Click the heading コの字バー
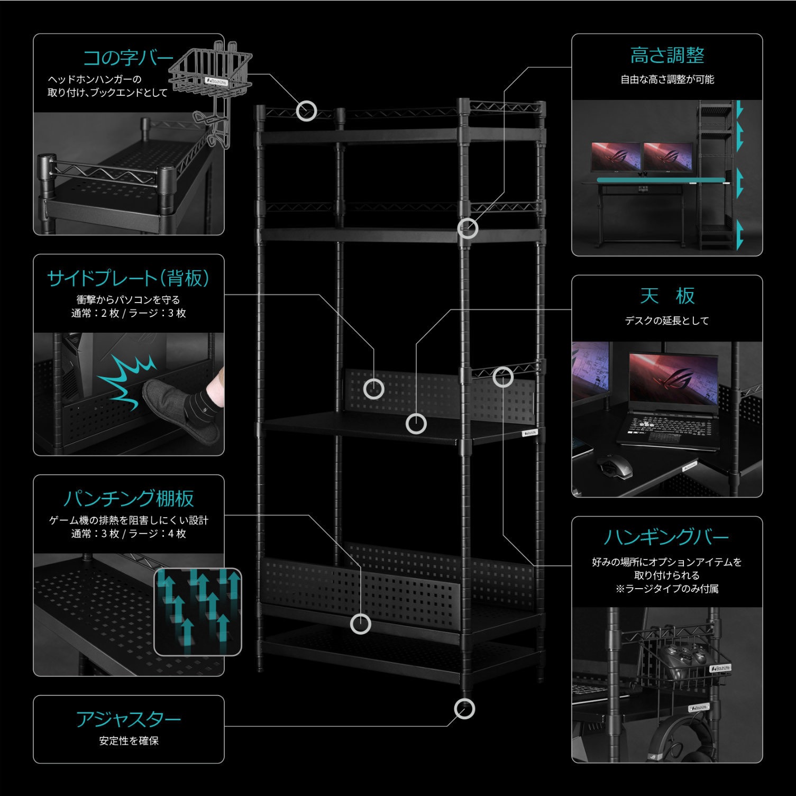128,58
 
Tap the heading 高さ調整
667,56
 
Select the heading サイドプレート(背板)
129,278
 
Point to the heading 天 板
667,296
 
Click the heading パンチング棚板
129,498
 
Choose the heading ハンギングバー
666,537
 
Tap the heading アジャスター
129,719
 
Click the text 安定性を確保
129,741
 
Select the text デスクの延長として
666,321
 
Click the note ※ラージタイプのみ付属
666,589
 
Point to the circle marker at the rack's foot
464,709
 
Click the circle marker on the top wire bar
306,111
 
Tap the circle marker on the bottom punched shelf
361,624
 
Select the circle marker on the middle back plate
374,389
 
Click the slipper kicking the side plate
182,410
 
